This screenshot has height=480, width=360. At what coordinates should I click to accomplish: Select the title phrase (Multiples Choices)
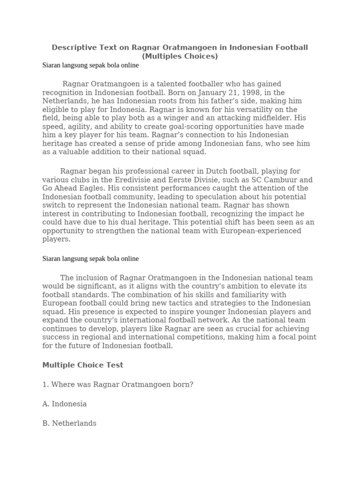[x=180, y=56]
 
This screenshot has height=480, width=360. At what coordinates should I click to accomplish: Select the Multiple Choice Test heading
[x=83, y=365]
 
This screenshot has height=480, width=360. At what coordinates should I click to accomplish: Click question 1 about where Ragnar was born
[x=118, y=384]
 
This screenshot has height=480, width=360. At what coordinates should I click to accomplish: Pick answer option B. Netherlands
[x=69, y=423]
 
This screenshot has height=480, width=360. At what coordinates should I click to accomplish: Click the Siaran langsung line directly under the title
[x=90, y=66]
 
